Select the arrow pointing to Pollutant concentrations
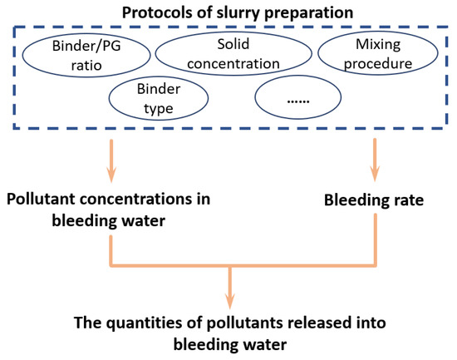tap(111, 159)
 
